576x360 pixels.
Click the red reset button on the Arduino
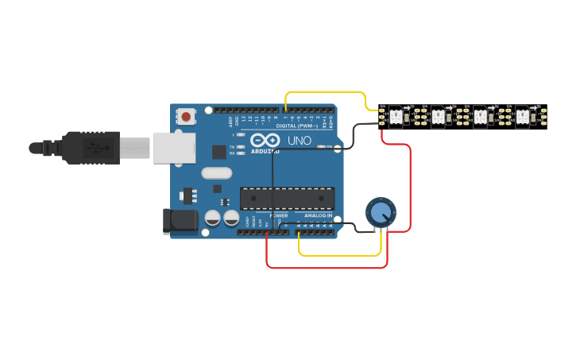click(186, 117)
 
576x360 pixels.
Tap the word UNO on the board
click(300, 141)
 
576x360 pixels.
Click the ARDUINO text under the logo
click(265, 151)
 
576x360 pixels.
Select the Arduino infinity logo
click(265, 140)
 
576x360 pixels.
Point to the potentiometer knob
click(381, 212)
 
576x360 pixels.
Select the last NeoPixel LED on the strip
click(523, 117)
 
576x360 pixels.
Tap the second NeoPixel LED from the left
click(438, 117)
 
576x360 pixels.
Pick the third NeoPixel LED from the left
click(481, 117)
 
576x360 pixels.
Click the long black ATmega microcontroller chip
click(287, 199)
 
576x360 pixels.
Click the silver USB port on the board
click(174, 148)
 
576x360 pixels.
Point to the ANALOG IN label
click(319, 215)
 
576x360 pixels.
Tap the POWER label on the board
click(279, 215)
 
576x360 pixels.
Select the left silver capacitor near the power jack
click(213, 218)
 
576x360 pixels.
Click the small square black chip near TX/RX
click(219, 152)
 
